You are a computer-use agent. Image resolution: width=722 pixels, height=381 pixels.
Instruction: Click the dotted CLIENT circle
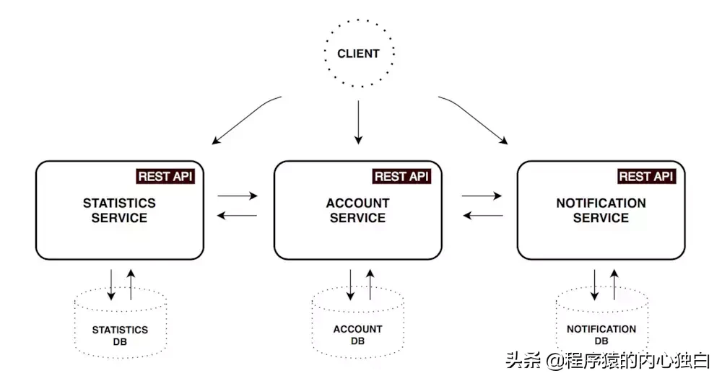[x=358, y=53]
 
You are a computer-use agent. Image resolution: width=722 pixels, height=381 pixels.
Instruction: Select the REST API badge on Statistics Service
[x=165, y=176]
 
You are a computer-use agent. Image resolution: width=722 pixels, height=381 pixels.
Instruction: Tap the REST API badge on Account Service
[x=402, y=176]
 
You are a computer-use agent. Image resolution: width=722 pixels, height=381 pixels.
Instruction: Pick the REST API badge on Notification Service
[x=646, y=176]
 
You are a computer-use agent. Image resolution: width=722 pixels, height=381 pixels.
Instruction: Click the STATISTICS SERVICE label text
[x=119, y=210]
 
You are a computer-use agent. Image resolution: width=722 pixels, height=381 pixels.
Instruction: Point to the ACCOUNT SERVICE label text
[x=357, y=210]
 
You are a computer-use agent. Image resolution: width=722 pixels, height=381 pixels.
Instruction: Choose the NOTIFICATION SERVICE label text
[x=601, y=210]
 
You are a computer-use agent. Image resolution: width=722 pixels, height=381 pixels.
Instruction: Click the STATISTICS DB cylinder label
[x=120, y=336]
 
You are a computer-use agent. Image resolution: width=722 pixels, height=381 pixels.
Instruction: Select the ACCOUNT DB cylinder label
[x=357, y=335]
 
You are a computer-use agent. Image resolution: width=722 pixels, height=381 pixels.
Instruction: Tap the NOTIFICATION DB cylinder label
[x=601, y=335]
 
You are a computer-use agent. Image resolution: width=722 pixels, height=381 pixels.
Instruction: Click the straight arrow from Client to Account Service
[x=358, y=121]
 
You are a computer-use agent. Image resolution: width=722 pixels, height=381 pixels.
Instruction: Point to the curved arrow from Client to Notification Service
[x=473, y=117]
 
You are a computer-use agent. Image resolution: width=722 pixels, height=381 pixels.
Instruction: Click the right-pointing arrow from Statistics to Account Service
[x=238, y=196]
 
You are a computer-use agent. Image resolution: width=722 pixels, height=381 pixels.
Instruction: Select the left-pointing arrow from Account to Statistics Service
[x=238, y=215]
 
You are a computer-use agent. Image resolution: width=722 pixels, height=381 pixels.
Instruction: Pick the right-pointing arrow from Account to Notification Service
[x=482, y=196]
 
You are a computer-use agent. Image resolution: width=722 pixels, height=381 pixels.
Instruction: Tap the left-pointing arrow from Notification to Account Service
[x=482, y=215]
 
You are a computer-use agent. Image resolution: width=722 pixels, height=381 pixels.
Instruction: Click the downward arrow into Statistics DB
[x=110, y=285]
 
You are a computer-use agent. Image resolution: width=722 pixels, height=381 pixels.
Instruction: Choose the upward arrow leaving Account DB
[x=370, y=285]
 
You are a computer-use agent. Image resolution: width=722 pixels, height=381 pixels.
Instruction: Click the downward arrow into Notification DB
[x=594, y=285]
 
